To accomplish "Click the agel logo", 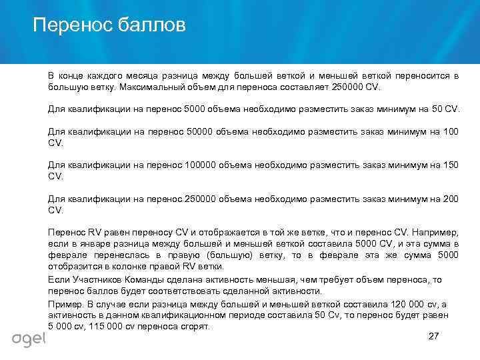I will [29, 339].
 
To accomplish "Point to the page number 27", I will [433, 336].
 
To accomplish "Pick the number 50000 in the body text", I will [201, 131].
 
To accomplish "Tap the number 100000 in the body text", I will [203, 165].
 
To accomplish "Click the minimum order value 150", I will [450, 165].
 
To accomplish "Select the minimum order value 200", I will [450, 199].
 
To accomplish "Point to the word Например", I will [434, 233].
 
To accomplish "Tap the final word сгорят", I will [194, 326].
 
